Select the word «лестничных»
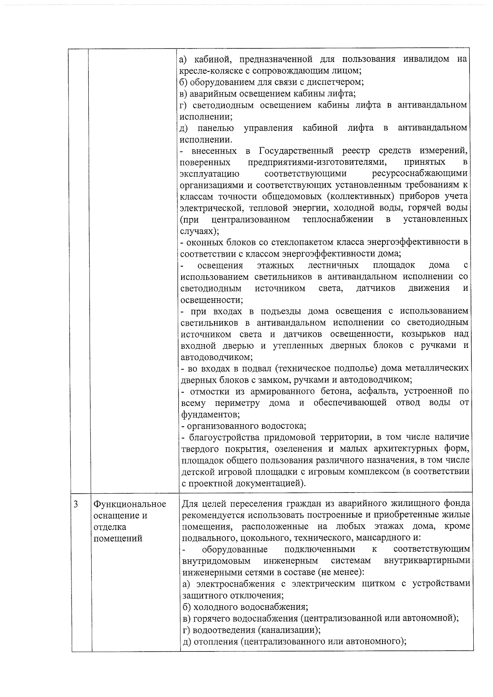333,265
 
